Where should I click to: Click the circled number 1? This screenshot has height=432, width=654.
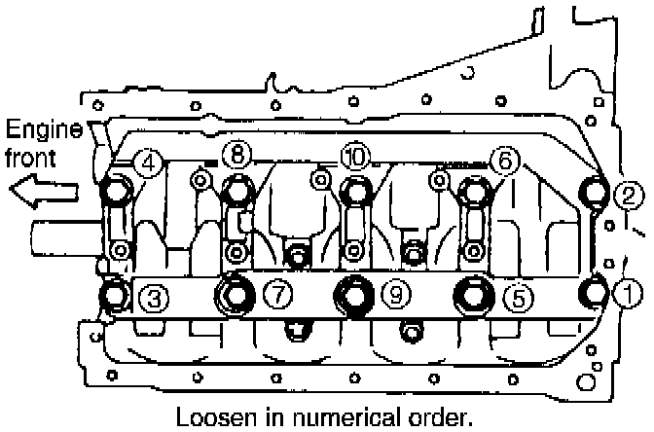[628, 290]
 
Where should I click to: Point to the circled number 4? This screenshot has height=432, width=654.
[148, 162]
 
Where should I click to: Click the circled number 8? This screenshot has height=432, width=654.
[236, 154]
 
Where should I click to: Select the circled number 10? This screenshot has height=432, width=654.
[355, 155]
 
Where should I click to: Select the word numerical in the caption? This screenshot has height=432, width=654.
[342, 417]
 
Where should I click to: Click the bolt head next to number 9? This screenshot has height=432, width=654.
[354, 293]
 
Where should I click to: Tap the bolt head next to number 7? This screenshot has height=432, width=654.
[236, 292]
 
